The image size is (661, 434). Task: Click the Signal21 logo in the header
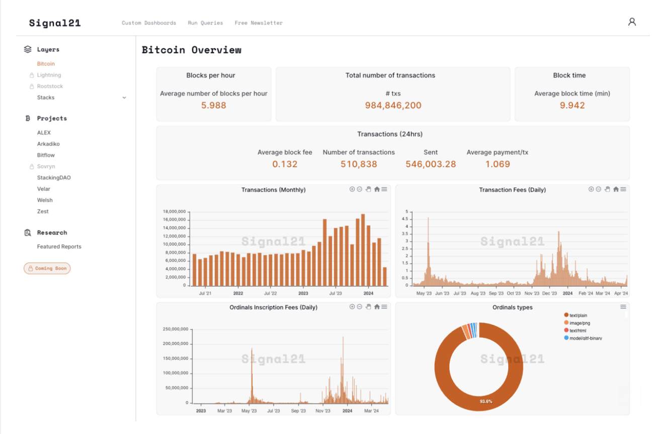(55, 23)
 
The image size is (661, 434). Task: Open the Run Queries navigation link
(205, 23)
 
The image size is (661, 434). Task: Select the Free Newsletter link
(259, 23)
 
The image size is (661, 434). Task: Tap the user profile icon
(632, 22)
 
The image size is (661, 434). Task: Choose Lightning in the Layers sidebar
(49, 75)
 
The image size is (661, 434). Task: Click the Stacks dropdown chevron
(124, 98)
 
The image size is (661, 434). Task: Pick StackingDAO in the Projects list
(54, 178)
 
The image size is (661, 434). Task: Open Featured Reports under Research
(59, 247)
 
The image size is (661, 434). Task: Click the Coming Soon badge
(47, 268)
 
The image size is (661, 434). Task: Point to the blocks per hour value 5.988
(214, 105)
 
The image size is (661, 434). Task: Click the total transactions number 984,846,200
(393, 105)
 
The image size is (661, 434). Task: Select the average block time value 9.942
(572, 105)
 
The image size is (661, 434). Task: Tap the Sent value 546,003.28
(431, 164)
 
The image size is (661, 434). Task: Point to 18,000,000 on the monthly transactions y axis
(174, 211)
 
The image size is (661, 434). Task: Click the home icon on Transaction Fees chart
(616, 189)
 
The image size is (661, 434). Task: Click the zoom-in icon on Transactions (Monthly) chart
(352, 189)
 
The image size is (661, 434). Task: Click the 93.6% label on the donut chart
(486, 401)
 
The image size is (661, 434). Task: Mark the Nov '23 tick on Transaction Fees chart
(532, 293)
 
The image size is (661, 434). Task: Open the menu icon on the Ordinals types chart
(623, 307)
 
